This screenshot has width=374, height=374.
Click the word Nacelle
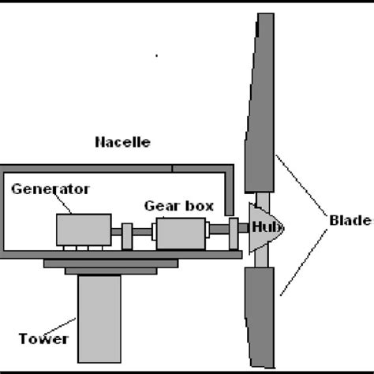pyautogui.click(x=122, y=143)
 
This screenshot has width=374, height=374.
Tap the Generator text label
pyautogui.click(x=50, y=189)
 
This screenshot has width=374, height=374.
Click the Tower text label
pyautogui.click(x=44, y=340)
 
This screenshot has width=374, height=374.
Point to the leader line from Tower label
pyautogui.click(x=71, y=326)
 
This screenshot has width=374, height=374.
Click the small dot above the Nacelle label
pyautogui.click(x=157, y=56)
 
